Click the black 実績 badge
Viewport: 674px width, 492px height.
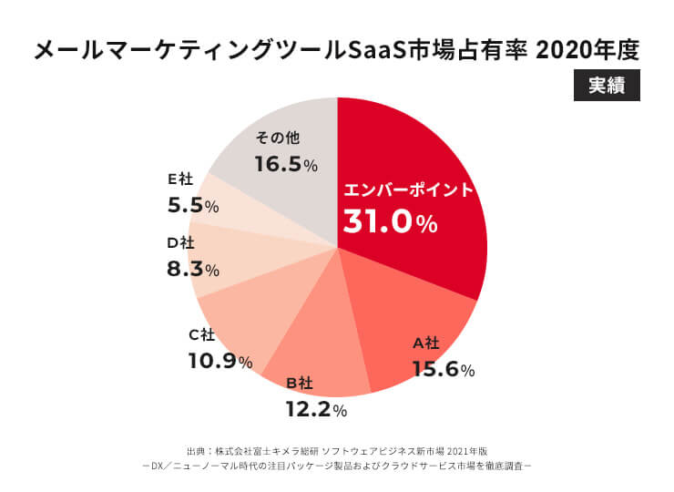coord(606,86)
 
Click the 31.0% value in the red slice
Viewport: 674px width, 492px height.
coord(390,221)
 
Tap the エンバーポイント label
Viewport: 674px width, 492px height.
coord(409,190)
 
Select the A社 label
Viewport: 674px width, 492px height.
coord(426,343)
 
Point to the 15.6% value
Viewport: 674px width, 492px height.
coord(444,370)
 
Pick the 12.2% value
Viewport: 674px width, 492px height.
coord(316,409)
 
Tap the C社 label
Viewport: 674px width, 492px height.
coord(201,334)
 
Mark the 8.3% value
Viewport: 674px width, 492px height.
coord(194,269)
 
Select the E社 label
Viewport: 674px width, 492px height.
coord(180,179)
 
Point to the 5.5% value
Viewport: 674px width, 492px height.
coord(193,206)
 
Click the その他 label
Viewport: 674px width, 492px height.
coord(278,138)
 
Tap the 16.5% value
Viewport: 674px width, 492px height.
coord(286,165)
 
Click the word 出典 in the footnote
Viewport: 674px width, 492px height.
coord(197,450)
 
